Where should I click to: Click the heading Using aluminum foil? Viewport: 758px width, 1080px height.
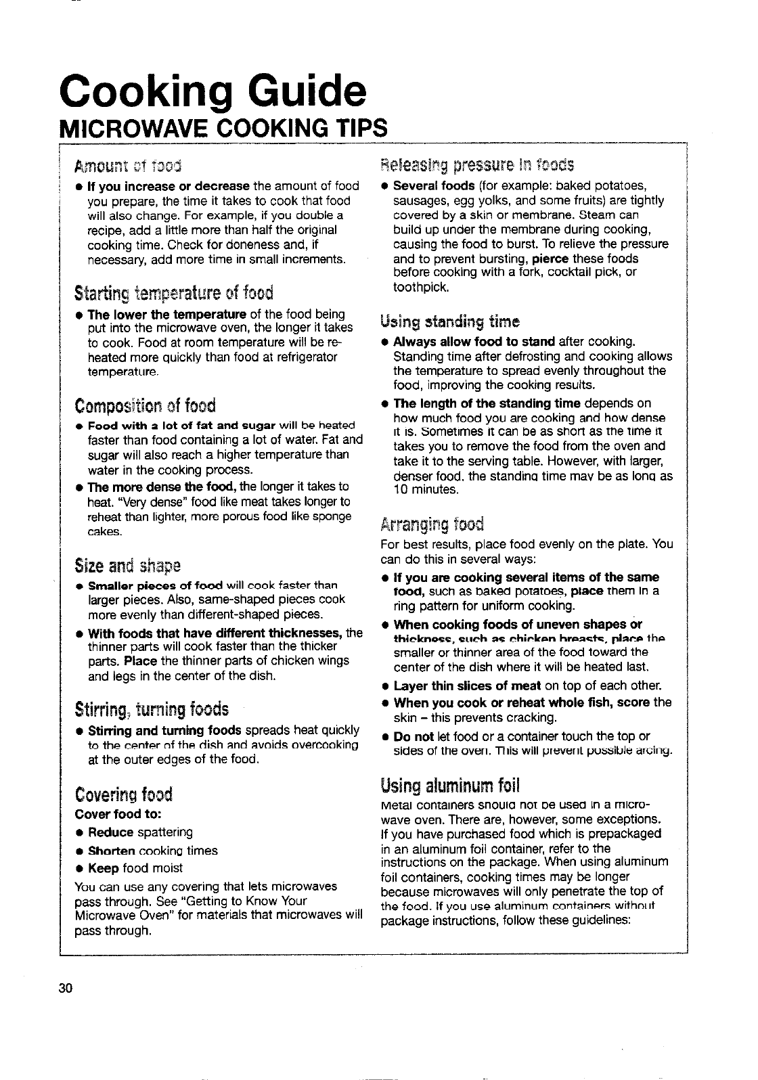[450, 786]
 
